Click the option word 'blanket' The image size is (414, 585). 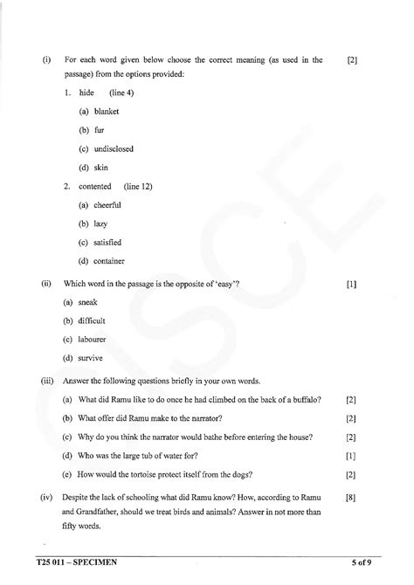[x=106, y=112]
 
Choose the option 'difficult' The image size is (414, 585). [x=93, y=320]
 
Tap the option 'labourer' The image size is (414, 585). [x=93, y=339]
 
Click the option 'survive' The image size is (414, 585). [x=90, y=357]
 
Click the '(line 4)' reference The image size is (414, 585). [x=121, y=93]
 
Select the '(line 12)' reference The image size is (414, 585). [x=137, y=186]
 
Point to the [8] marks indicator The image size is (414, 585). [x=350, y=497]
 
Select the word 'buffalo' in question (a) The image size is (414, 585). [x=305, y=399]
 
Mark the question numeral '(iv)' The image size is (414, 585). [x=46, y=497]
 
